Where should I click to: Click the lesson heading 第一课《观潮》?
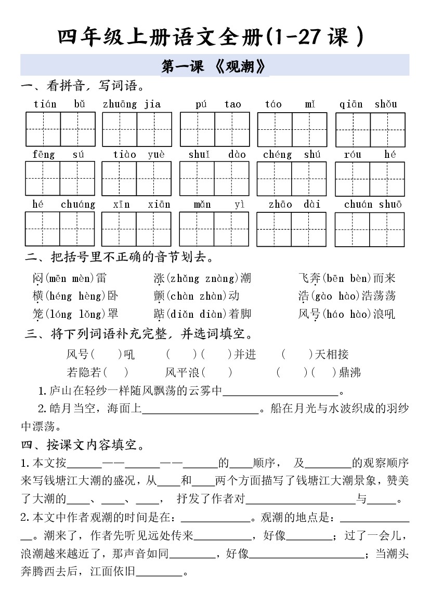(x=214, y=66)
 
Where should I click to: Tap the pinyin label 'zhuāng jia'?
(x=132, y=104)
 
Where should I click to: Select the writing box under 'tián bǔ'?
(x=60, y=129)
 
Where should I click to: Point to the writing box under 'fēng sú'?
(x=60, y=178)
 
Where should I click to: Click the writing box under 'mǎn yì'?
(x=214, y=229)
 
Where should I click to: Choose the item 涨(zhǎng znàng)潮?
(x=202, y=278)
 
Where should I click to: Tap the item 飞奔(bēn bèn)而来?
(x=347, y=278)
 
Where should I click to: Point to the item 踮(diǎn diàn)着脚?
(x=202, y=314)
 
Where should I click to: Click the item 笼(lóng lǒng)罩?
(x=75, y=314)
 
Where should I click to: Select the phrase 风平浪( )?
(x=199, y=372)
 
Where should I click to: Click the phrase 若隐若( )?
(x=98, y=372)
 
